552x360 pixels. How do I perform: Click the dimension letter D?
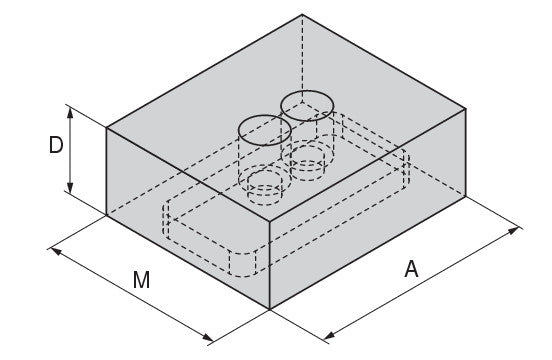(x=56, y=145)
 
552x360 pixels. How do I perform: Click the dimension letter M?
(x=142, y=280)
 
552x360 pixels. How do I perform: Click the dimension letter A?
(x=411, y=269)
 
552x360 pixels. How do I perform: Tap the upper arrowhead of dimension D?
(x=70, y=113)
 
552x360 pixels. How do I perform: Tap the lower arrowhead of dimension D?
(x=70, y=188)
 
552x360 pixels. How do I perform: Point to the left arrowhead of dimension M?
(x=56, y=251)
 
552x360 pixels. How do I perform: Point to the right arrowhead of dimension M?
(x=207, y=337)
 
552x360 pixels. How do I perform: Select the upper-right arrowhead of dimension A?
(x=513, y=230)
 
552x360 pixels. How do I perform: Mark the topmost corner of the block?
(x=302, y=14)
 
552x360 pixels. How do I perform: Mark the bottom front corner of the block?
(x=270, y=309)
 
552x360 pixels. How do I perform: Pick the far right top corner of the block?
(x=466, y=109)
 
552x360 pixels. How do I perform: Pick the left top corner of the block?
(x=106, y=127)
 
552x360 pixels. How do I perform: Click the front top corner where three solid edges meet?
(x=270, y=222)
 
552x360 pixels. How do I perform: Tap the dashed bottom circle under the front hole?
(x=265, y=188)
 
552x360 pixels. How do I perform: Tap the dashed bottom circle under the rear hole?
(x=307, y=163)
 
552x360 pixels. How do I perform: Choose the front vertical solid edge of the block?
(x=270, y=265)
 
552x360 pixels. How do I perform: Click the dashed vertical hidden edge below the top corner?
(x=302, y=58)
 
